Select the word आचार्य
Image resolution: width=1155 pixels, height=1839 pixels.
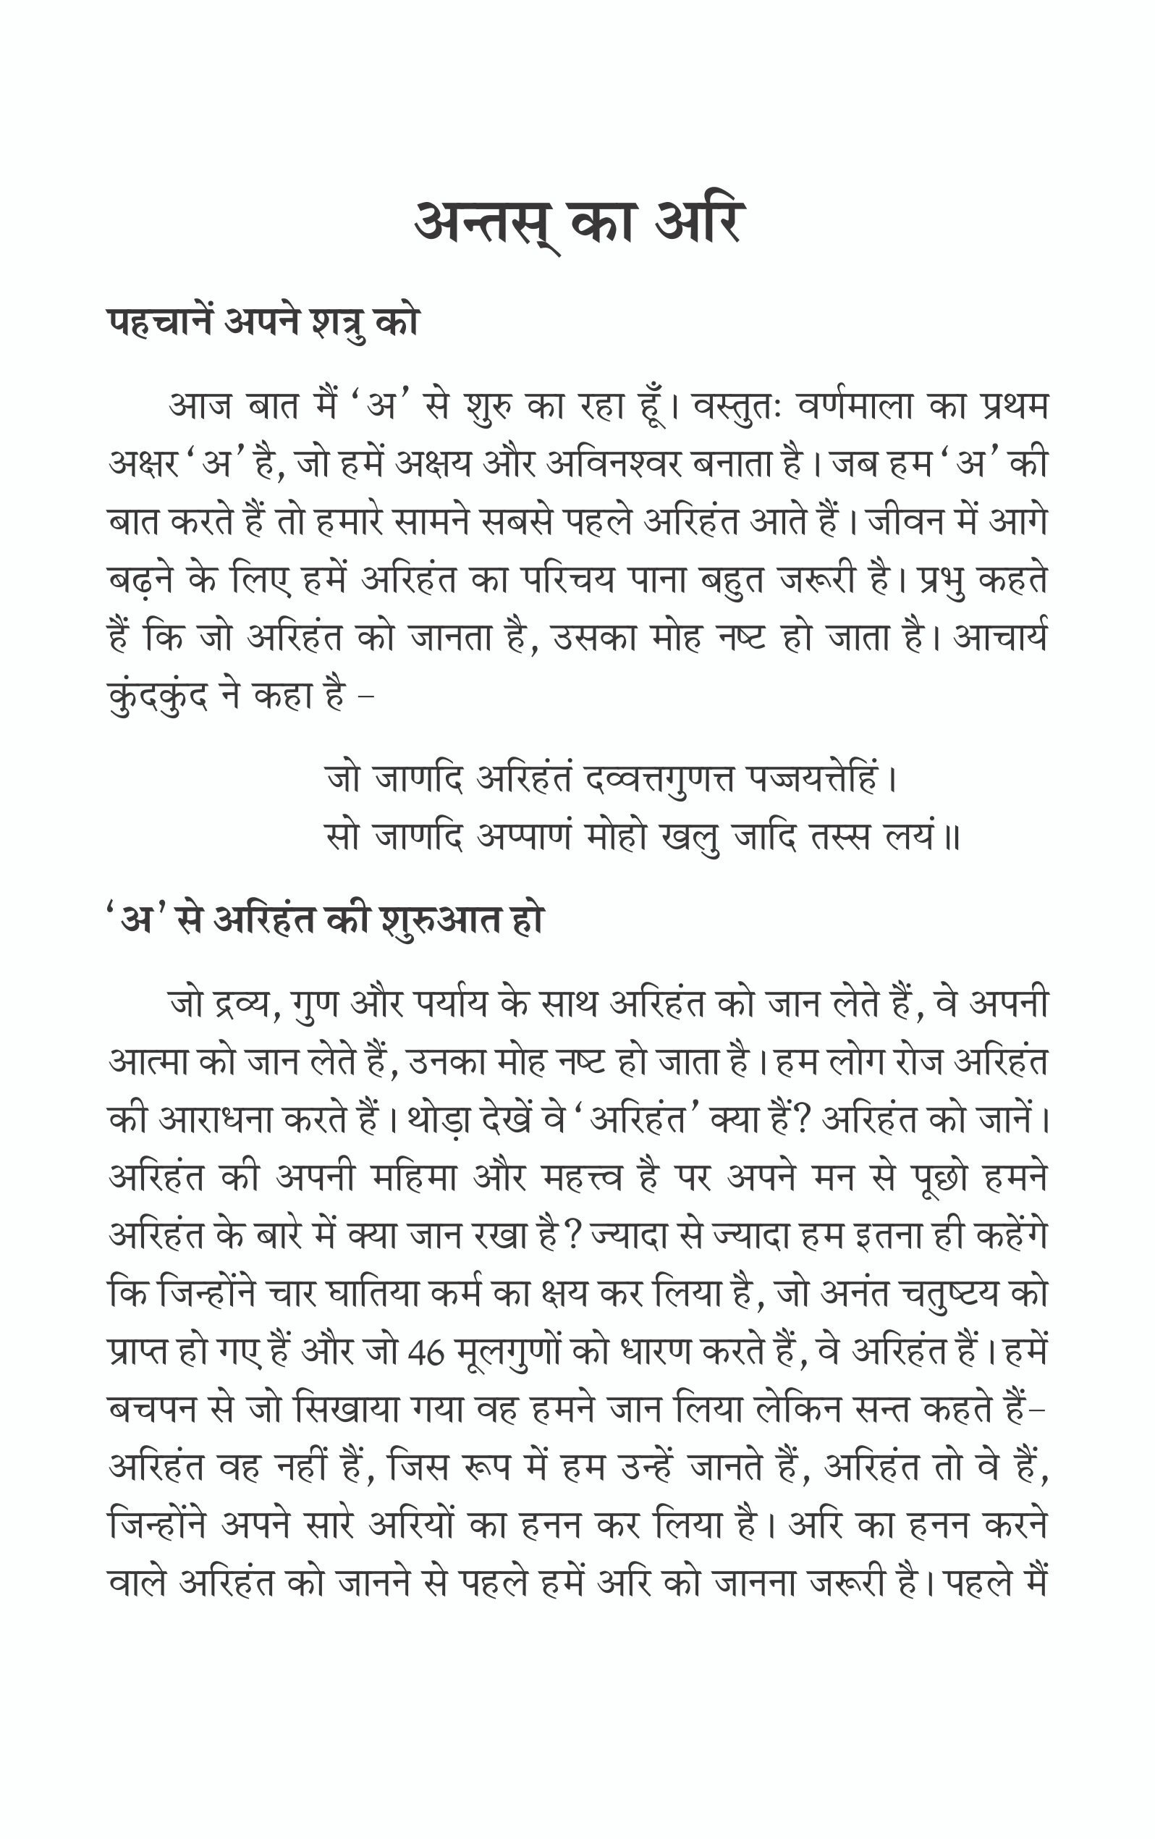pyautogui.click(x=1000, y=638)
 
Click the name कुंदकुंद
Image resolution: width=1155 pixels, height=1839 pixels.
pyautogui.click(x=158, y=697)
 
